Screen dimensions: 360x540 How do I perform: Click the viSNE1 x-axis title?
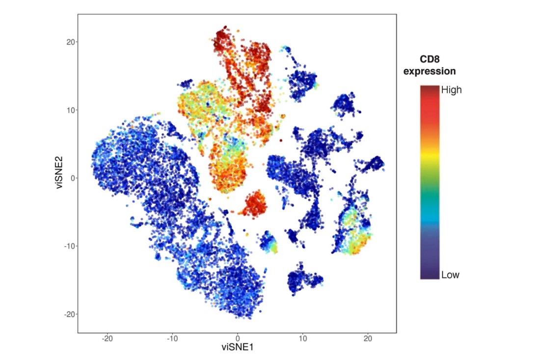point(238,347)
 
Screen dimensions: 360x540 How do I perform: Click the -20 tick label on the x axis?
point(107,338)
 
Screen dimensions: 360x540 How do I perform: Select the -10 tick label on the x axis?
point(172,338)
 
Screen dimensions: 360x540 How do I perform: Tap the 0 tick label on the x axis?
point(238,338)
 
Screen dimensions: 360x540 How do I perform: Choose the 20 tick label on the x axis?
point(368,338)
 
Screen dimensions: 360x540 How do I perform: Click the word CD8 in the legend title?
point(430,59)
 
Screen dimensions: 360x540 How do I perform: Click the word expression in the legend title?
point(430,71)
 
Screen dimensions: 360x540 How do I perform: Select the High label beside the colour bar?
point(452,90)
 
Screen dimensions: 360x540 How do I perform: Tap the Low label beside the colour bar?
point(450,275)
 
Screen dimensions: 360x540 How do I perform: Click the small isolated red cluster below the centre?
point(254,203)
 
